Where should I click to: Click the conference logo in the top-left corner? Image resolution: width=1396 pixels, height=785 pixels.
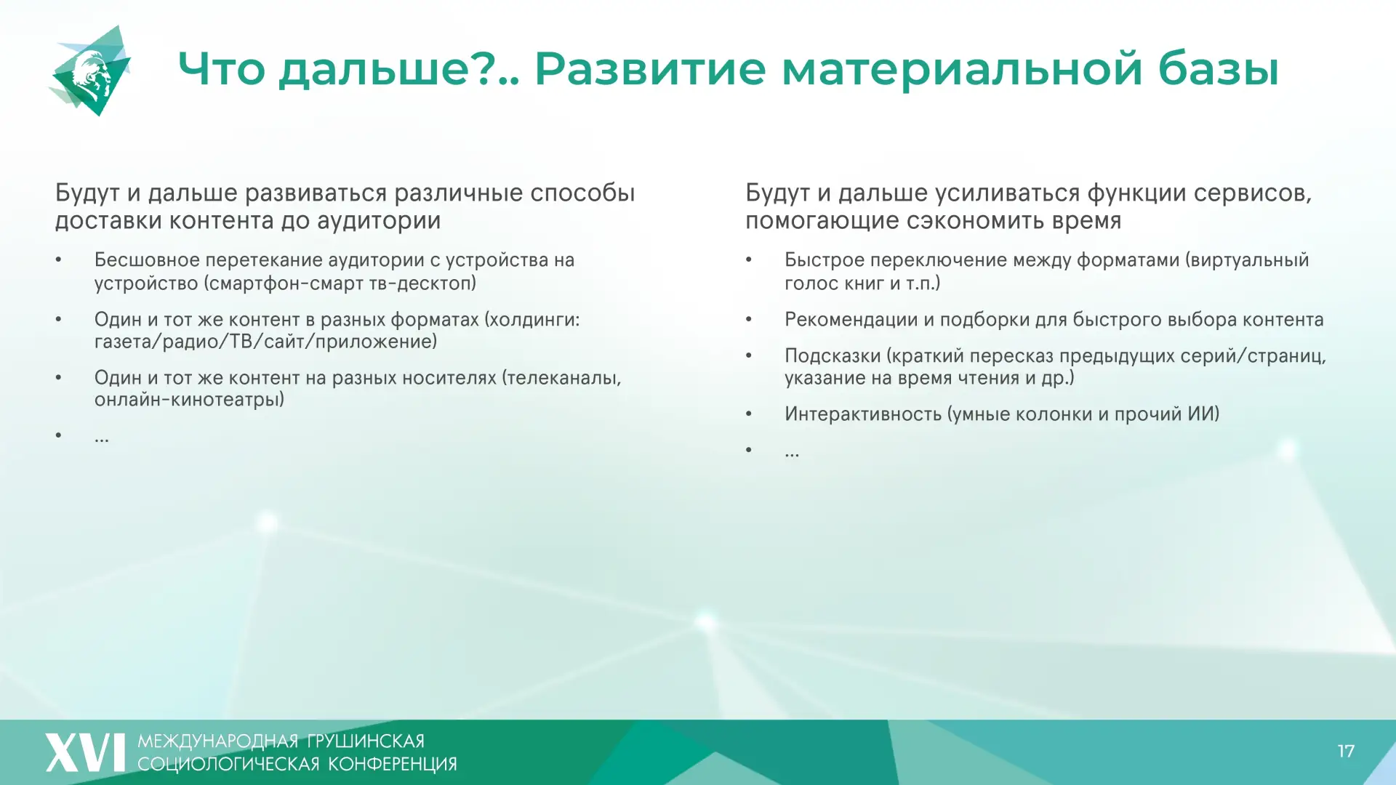[91, 71]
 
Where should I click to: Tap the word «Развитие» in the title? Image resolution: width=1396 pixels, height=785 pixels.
[650, 69]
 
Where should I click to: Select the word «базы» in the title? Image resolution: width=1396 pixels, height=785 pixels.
[1218, 69]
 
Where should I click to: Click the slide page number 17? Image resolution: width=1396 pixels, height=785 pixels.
[1346, 751]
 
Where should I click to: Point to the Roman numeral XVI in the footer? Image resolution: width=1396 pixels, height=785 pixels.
[85, 752]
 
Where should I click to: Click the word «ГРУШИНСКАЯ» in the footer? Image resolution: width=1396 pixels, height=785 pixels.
[366, 741]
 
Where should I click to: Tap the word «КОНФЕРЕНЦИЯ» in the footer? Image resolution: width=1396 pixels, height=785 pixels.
[393, 764]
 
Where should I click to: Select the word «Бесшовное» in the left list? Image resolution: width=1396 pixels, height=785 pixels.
[147, 260]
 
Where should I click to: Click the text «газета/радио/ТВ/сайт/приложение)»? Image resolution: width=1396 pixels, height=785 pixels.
[265, 342]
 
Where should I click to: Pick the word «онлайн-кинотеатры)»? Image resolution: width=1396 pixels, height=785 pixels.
[189, 400]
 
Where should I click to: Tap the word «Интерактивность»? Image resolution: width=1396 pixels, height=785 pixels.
[863, 414]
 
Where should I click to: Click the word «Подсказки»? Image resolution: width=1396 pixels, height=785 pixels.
[833, 356]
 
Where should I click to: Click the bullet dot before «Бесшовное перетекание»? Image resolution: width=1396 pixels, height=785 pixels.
[59, 260]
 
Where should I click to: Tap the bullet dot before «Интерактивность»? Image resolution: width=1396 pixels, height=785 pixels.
[749, 414]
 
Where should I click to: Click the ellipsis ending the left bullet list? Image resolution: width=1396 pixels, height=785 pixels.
[102, 439]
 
